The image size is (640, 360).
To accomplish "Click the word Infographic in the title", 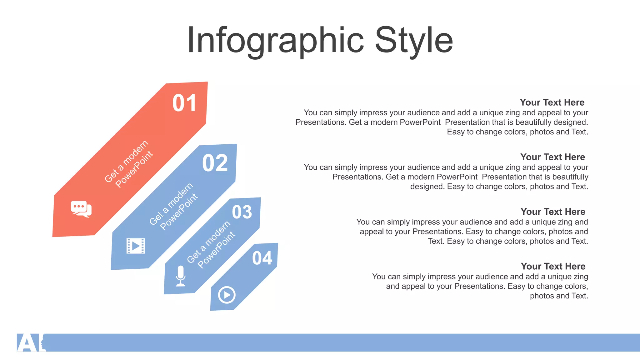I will click(275, 41).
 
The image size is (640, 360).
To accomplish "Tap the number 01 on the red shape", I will click(184, 103).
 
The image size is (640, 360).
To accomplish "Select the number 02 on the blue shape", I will click(215, 163).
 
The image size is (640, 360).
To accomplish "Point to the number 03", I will click(242, 212).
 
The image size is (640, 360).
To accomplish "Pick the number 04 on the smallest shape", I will click(262, 258).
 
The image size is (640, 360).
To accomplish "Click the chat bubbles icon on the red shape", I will click(81, 209).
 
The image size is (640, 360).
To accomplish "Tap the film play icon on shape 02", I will click(136, 246).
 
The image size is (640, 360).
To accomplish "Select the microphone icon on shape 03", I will click(181, 276).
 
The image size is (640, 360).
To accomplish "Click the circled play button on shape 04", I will click(227, 295).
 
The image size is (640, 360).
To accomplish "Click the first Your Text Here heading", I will click(552, 102).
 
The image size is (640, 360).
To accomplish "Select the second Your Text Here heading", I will click(552, 157).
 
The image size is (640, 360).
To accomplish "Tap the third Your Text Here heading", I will click(553, 212).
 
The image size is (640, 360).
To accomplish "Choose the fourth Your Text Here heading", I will click(553, 267).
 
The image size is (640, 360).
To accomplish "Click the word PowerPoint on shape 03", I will click(216, 250).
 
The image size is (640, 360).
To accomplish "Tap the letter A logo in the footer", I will click(27, 343).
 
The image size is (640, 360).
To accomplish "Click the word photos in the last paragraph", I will click(542, 296).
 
